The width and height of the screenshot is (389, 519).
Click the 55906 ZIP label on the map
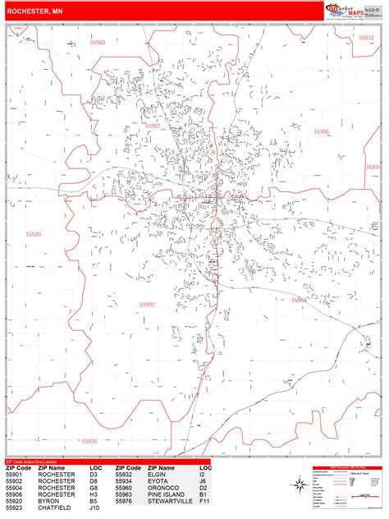click(x=321, y=131)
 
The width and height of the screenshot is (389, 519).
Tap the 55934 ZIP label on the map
click(x=373, y=167)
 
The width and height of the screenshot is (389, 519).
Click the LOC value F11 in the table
click(x=204, y=500)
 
